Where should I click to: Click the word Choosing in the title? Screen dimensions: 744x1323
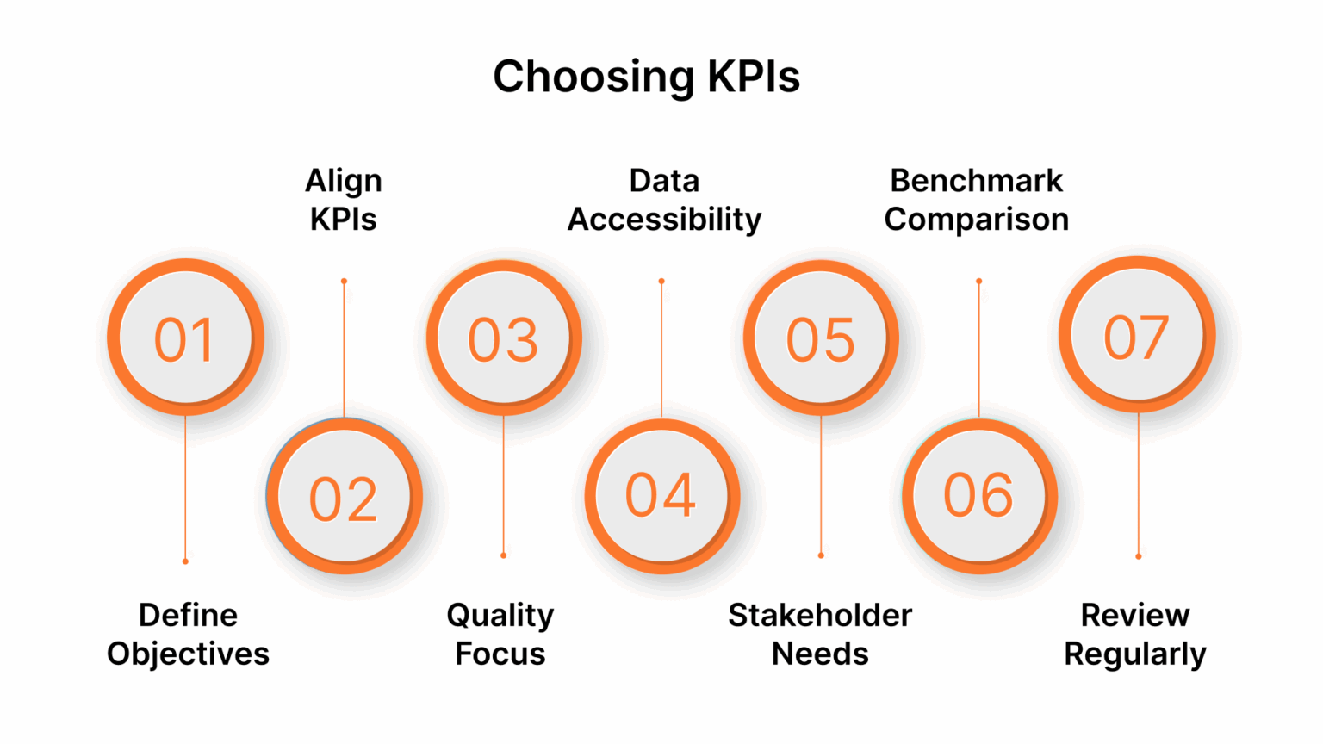point(593,77)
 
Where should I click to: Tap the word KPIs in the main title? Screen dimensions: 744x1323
point(754,77)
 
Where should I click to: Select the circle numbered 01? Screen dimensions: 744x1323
point(185,338)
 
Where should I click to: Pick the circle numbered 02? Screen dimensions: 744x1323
point(344,497)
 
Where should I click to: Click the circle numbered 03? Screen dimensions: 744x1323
point(503,338)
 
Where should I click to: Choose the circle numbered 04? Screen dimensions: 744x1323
point(661,496)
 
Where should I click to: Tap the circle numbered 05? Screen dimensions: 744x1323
point(820,338)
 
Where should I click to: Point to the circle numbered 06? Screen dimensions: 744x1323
point(978,496)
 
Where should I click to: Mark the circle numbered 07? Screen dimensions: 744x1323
point(1137,335)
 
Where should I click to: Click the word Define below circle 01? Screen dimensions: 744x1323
point(188,615)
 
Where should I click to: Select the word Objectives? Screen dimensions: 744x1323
point(188,654)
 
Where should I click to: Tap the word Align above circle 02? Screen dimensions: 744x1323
point(344,181)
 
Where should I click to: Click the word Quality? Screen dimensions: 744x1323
point(500,616)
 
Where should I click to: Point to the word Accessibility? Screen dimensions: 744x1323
point(664,220)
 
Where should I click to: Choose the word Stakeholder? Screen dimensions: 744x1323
point(820,615)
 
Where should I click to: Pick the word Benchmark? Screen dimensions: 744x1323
point(977,181)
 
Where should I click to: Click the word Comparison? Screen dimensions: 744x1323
point(977,220)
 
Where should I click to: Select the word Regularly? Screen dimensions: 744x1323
point(1135,654)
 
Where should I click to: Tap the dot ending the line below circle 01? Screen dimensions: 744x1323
point(185,561)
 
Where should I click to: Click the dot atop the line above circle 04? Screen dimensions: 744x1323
point(661,282)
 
